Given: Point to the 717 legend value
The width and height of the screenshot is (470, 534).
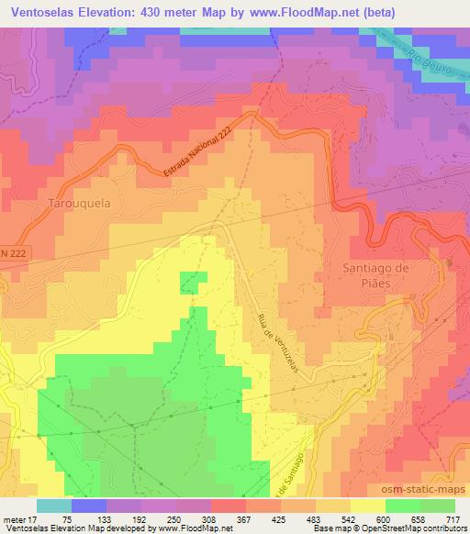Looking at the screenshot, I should (x=453, y=519).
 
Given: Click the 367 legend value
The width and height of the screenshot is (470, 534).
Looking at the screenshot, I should (x=244, y=519).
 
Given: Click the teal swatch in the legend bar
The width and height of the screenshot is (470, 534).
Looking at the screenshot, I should (x=53, y=506).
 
